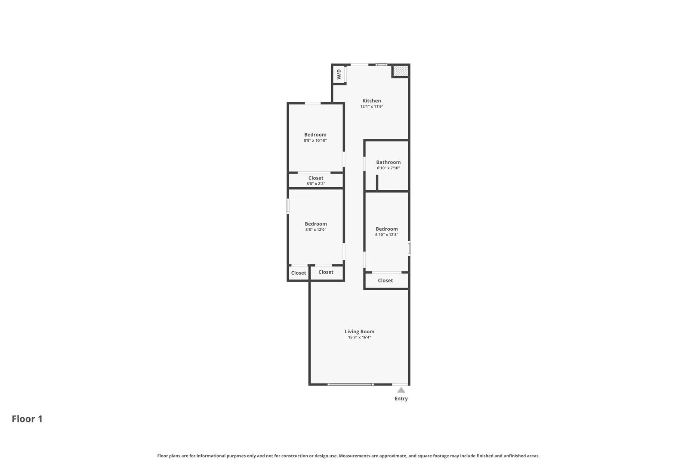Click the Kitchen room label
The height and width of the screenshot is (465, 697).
371,100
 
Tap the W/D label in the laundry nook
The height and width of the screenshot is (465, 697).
339,74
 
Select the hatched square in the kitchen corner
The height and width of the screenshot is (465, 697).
400,71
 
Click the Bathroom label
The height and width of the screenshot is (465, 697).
388,162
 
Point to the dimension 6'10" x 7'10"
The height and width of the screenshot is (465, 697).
388,168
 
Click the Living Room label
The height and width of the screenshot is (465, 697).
359,332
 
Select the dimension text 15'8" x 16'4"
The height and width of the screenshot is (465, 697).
359,338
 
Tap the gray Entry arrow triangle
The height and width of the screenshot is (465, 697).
401,390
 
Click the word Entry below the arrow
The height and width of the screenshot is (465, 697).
401,399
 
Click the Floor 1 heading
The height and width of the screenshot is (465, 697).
27,419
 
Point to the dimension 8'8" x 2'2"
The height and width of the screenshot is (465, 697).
315,184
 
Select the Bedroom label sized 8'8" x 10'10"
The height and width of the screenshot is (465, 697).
315,135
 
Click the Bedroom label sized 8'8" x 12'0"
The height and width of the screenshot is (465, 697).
315,224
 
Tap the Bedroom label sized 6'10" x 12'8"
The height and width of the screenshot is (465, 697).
386,229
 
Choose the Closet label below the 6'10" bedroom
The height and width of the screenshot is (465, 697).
385,281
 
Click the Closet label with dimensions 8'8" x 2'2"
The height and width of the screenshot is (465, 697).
315,178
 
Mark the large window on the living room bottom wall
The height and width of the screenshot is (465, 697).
350,384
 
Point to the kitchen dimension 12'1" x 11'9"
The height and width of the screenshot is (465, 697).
371,106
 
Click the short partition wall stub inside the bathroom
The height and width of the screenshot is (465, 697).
377,183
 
